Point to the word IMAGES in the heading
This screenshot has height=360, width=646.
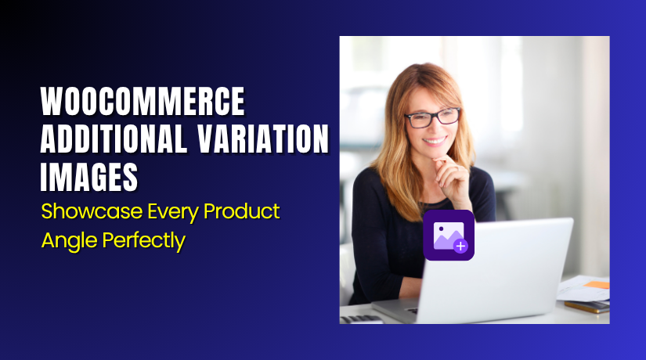[x=88, y=178]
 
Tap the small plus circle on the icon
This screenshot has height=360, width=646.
[x=460, y=246]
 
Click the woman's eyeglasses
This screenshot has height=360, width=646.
[x=432, y=117]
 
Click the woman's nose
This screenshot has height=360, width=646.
[x=435, y=130]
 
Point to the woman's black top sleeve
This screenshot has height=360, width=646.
[x=373, y=235]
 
